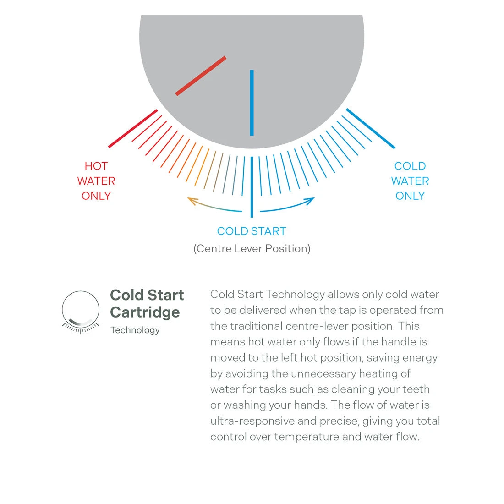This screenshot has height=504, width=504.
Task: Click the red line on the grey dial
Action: coord(201,76)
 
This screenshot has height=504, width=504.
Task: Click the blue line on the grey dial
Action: coord(252,103)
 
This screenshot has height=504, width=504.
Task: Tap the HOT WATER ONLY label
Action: coord(96,181)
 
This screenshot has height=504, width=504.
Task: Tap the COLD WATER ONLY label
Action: coord(410,181)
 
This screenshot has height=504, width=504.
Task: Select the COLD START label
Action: coord(252,231)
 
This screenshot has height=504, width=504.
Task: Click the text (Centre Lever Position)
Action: coord(252,249)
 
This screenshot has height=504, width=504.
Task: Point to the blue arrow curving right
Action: coord(289,206)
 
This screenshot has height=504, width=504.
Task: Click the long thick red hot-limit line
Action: coord(133,128)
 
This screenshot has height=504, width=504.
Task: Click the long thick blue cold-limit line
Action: coord(370,128)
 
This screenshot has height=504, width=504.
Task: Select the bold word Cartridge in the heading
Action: coord(145,312)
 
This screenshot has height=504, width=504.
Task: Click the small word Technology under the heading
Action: coord(135,330)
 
